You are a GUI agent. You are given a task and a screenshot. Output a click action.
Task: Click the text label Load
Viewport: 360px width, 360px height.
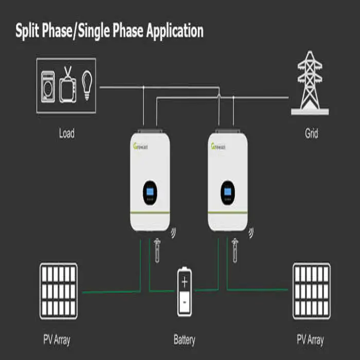[x=66, y=134]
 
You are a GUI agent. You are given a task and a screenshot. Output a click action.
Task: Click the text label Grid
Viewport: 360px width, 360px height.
[x=311, y=134]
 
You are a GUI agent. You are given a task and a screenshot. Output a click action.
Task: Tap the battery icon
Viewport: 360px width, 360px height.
[x=184, y=291]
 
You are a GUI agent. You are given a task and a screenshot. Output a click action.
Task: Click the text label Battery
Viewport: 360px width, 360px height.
[x=184, y=340]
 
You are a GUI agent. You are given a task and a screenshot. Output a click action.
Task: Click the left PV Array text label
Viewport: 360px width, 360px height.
[x=57, y=340]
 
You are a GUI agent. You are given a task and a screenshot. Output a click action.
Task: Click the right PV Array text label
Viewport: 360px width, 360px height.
[x=310, y=340]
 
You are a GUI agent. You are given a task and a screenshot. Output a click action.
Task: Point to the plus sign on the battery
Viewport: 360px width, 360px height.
[x=184, y=281]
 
